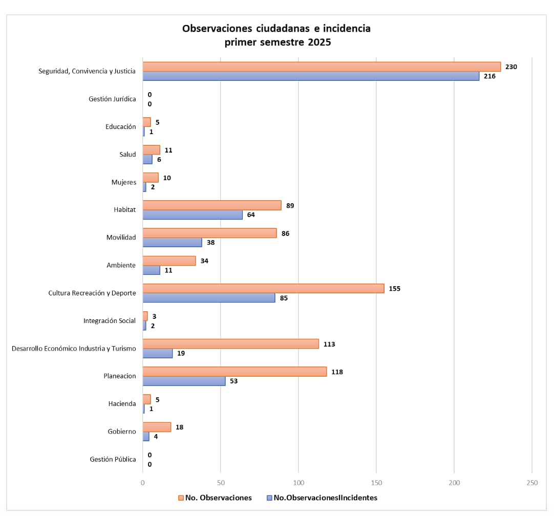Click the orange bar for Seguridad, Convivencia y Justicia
pos(322,67)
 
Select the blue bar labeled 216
pos(311,76)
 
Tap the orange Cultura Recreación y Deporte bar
pos(263,289)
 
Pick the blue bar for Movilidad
pos(172,243)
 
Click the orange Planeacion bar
pos(235,372)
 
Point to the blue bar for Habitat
pos(193,215)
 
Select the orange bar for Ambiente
pos(169,261)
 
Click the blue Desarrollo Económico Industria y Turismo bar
pos(158,353)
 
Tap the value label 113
pos(329,344)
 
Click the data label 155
pos(394,289)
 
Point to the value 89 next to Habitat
pos(290,205)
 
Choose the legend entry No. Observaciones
pos(218,498)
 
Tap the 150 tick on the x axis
pos(376,483)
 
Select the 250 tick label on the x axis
pos(532,483)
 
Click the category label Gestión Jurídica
pos(112,99)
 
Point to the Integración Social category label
pos(110,321)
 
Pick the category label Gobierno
pos(122,432)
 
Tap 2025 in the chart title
pos(319,42)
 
